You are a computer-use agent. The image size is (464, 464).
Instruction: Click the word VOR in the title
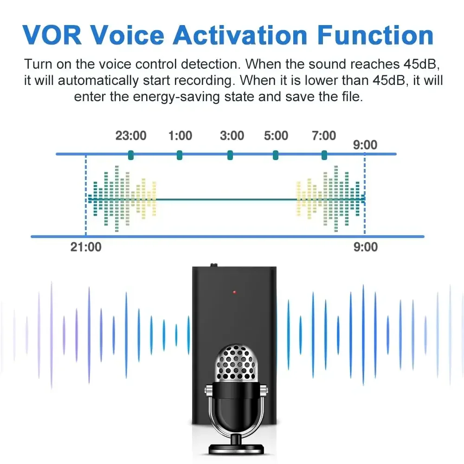coord(52,35)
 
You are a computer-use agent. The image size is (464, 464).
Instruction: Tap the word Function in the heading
coord(375,35)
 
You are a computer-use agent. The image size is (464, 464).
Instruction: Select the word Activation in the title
coord(240,35)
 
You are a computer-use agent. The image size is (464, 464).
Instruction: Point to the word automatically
coord(98,81)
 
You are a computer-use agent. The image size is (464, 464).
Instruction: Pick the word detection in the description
coord(210,64)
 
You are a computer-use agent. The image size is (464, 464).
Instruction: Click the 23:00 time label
coord(131,136)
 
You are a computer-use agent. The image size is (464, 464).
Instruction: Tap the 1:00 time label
coord(180,136)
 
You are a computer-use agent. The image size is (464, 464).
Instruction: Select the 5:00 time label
coord(276,136)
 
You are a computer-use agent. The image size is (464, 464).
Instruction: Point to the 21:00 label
coord(86,247)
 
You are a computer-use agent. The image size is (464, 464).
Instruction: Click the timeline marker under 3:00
coord(230,155)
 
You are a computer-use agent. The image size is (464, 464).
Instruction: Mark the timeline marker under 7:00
coord(324,155)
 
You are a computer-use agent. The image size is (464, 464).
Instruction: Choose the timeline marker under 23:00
coord(131,155)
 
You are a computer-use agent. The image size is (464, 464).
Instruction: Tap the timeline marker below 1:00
coord(179,155)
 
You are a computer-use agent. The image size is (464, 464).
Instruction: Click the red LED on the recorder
coord(234,292)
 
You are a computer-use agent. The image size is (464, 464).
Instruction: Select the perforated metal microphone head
coord(236,363)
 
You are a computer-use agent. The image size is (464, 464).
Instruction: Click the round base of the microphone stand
coord(236,449)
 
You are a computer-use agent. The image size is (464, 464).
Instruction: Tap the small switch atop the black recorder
coord(213,265)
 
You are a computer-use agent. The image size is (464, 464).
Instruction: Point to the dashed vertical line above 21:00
coord(86,195)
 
